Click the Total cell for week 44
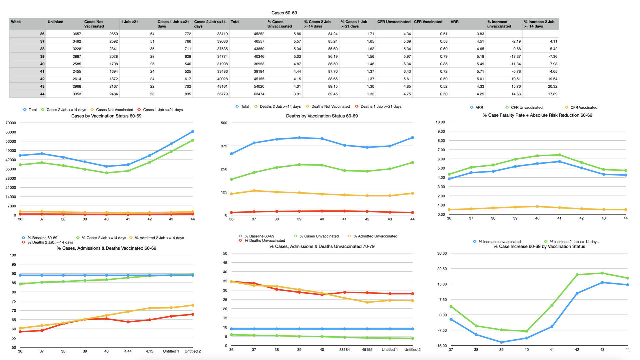[259, 94]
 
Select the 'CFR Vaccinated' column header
[428, 22]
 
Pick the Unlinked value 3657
[77, 34]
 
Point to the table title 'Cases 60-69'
[284, 13]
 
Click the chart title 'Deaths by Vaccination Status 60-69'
[322, 116]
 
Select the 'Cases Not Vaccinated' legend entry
[114, 110]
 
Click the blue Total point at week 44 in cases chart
[193, 132]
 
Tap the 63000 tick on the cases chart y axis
[11, 132]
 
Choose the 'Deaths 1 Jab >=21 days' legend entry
[381, 107]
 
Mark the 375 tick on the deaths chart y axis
[224, 146]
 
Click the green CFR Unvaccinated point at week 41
[559, 155]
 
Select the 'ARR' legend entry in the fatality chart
[479, 108]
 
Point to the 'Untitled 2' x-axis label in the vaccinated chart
[193, 351]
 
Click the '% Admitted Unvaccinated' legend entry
[375, 236]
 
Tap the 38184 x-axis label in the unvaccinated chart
[344, 350]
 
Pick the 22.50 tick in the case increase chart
[442, 269]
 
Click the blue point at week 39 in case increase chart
[501, 342]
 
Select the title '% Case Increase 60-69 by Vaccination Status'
[539, 247]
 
